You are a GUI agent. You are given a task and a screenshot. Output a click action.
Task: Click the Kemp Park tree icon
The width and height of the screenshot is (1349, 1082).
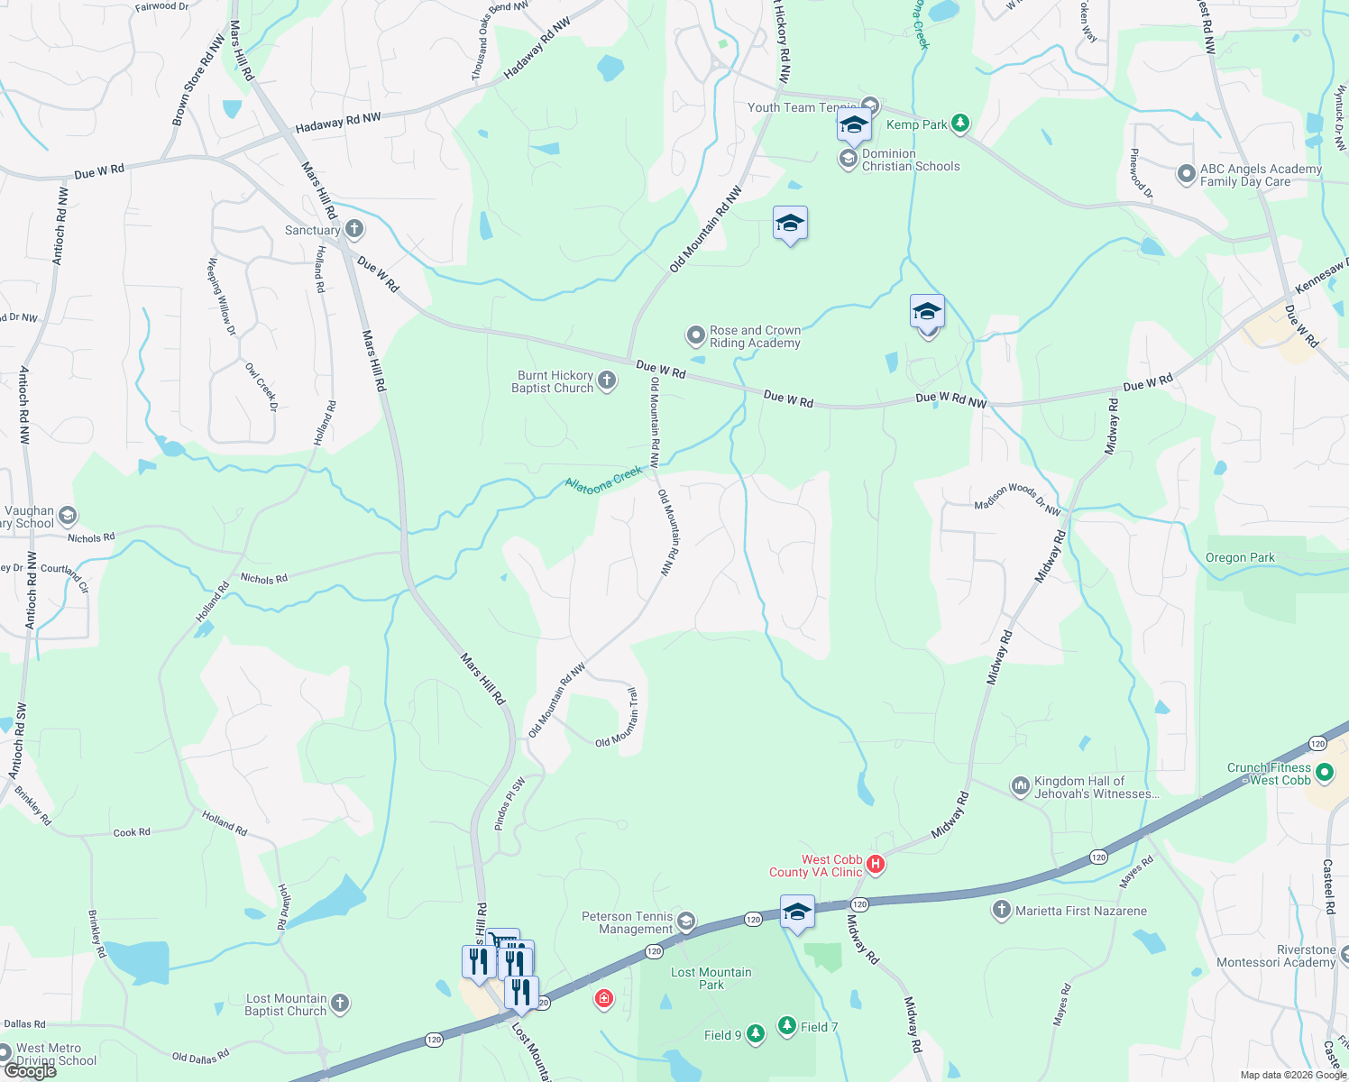tap(960, 124)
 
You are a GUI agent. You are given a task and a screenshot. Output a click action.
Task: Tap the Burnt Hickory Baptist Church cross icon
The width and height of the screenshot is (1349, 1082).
tap(607, 381)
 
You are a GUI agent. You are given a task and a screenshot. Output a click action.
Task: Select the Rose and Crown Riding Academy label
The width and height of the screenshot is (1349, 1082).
tap(755, 336)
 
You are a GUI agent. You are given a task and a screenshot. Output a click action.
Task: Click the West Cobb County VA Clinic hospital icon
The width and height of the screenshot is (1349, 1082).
tap(875, 865)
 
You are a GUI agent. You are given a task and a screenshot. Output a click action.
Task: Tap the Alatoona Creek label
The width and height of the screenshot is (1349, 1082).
tap(604, 478)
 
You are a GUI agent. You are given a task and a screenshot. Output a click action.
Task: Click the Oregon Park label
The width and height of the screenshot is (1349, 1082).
tap(1240, 557)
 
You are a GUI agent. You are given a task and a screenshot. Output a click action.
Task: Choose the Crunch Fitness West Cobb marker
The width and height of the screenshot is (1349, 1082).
tap(1324, 773)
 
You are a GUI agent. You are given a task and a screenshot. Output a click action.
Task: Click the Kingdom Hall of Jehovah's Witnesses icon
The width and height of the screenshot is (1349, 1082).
tap(1020, 786)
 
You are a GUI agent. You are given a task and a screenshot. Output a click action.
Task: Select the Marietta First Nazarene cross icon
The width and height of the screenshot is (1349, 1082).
tap(1001, 910)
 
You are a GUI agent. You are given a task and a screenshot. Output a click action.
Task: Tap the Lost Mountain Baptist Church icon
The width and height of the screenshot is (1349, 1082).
tap(339, 1003)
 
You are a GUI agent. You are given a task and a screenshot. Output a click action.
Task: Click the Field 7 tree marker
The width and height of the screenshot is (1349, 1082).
tap(787, 1026)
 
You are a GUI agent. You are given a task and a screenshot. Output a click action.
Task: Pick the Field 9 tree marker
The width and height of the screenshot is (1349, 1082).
tap(756, 1034)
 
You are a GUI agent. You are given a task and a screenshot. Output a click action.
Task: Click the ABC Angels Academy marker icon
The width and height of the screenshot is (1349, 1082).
tap(1187, 174)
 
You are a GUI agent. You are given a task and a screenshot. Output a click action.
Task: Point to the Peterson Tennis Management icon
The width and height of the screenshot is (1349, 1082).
tap(686, 921)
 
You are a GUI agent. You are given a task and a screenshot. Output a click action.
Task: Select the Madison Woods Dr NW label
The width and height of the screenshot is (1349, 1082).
tap(1017, 500)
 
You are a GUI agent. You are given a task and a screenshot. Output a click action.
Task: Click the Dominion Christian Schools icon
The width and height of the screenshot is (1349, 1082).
tap(848, 160)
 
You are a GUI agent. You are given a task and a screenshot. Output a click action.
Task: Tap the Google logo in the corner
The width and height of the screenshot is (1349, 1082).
tap(30, 1071)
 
